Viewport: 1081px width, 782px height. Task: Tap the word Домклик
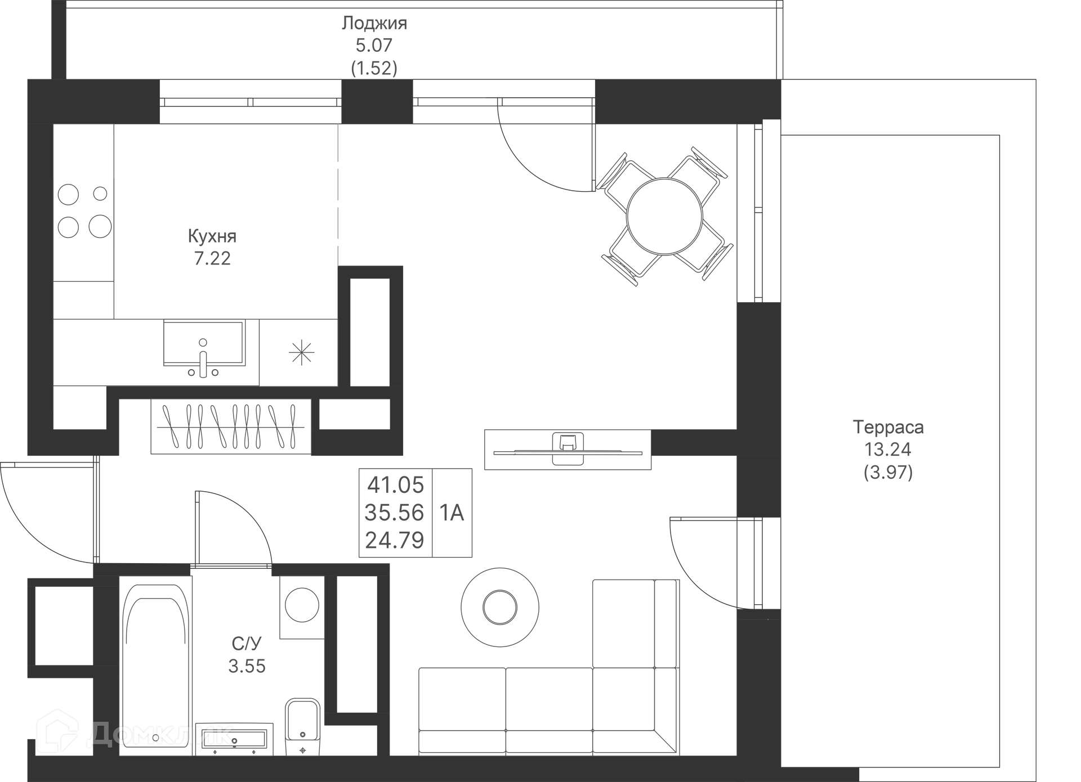[x=160, y=734]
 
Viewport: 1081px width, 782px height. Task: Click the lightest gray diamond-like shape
[x=337, y=197]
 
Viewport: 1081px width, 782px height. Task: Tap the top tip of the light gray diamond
[x=338, y=126]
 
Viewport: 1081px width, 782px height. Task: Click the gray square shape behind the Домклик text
[x=220, y=664]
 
